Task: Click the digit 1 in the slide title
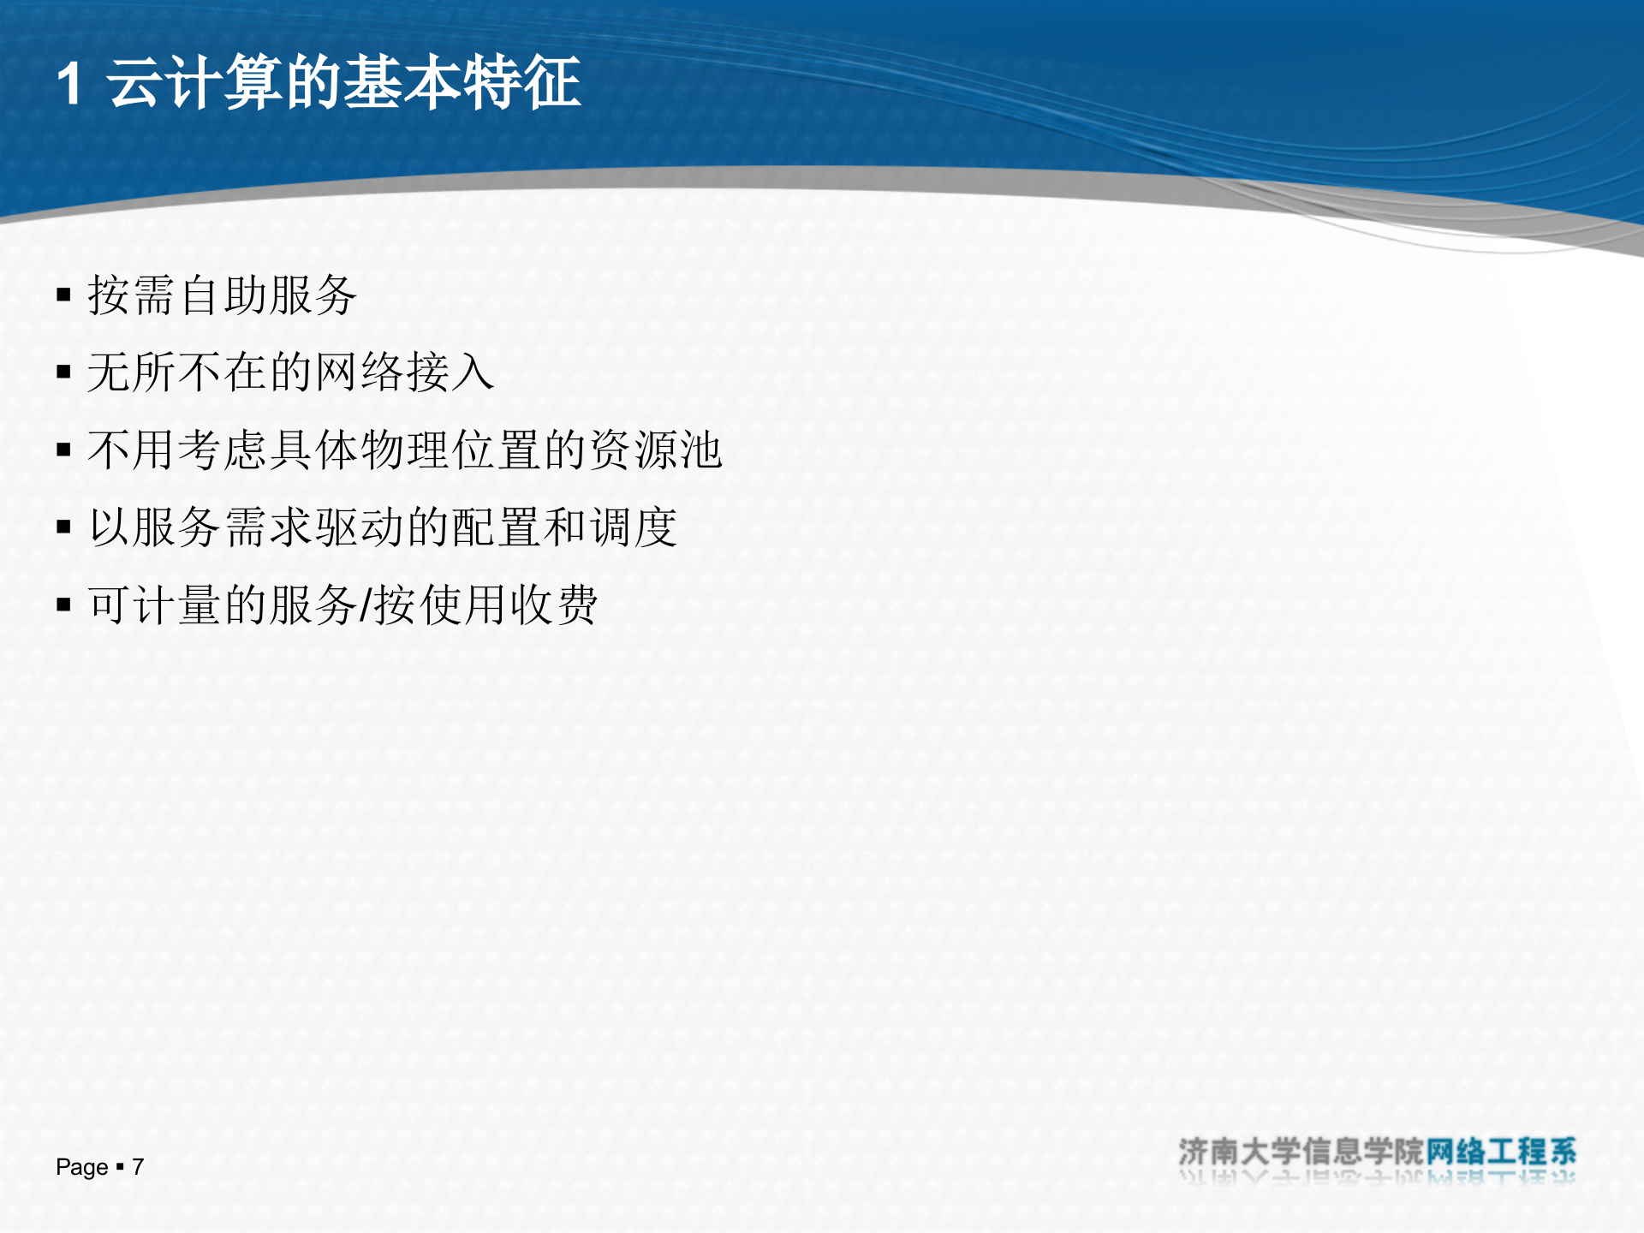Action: (69, 84)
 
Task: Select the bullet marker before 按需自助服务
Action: (63, 296)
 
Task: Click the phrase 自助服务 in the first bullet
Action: (268, 295)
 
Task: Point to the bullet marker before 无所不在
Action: (63, 372)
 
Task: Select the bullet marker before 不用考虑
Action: (63, 450)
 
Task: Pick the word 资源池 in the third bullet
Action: (656, 450)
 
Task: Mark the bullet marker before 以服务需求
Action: (63, 527)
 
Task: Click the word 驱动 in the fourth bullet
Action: (360, 527)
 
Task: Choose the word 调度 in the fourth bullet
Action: (634, 527)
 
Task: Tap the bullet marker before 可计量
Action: (63, 605)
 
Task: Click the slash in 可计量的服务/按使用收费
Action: (366, 605)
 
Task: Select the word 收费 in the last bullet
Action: (554, 605)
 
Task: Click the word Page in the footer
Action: (82, 1167)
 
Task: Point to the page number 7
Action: (138, 1167)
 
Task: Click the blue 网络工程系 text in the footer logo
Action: (1500, 1152)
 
